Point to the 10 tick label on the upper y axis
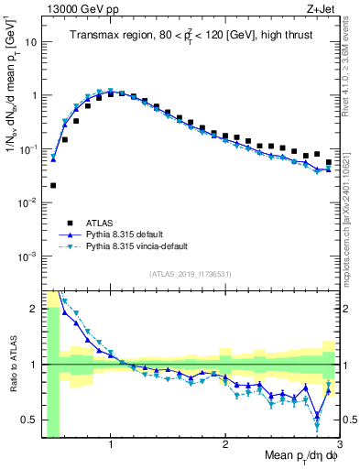point(30,42)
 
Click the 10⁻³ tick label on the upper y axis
point(28,256)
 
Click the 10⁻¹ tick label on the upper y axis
point(28,148)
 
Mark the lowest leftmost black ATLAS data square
point(53,185)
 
